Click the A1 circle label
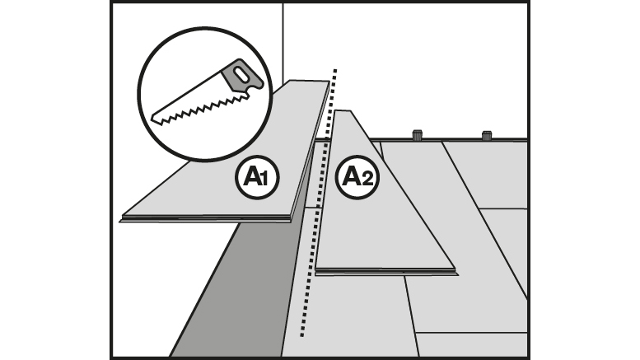tap(257, 176)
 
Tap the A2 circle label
tap(358, 177)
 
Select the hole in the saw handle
tap(244, 77)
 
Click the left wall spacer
tap(417, 135)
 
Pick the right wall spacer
tap(487, 135)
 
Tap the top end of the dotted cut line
tap(334, 68)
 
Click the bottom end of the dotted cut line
tap(301, 335)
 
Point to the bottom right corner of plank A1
tap(292, 219)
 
